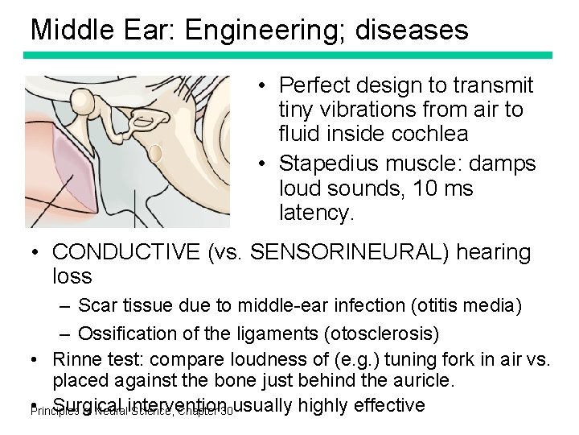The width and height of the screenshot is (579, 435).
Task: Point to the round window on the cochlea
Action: (156, 152)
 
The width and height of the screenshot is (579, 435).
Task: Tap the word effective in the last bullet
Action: (385, 404)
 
